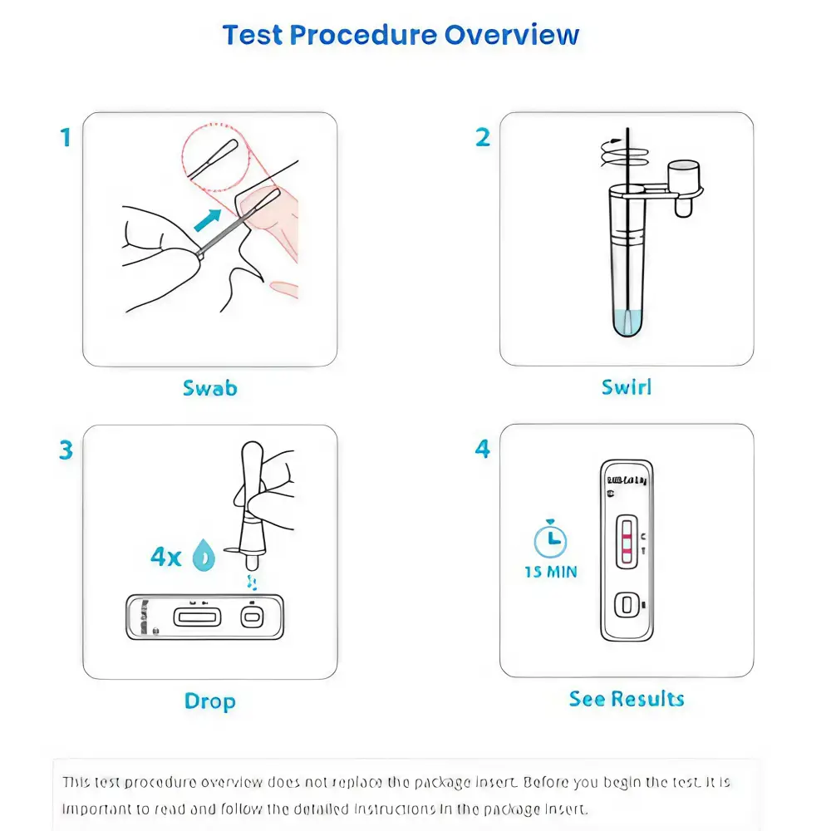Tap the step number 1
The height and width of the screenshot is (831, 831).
pos(66,137)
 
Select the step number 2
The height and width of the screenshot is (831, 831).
pos(483,137)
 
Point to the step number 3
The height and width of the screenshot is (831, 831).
pos(66,450)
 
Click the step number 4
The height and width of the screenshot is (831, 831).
pos(483,450)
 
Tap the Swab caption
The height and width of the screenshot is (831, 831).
pos(209,387)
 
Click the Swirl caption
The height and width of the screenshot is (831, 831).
pos(627,387)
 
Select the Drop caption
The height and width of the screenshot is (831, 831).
pos(209,701)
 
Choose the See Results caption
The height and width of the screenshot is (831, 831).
pos(627,699)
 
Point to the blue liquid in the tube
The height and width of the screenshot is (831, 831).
pos(627,321)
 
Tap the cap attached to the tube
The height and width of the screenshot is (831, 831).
pos(686,176)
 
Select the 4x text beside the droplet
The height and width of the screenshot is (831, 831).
pos(165,557)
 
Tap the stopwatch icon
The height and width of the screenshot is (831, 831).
pos(550,540)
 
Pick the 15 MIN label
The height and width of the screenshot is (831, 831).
pos(550,572)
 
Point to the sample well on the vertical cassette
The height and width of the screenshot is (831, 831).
pos(627,604)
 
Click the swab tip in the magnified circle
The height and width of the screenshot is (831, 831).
pos(223,155)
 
